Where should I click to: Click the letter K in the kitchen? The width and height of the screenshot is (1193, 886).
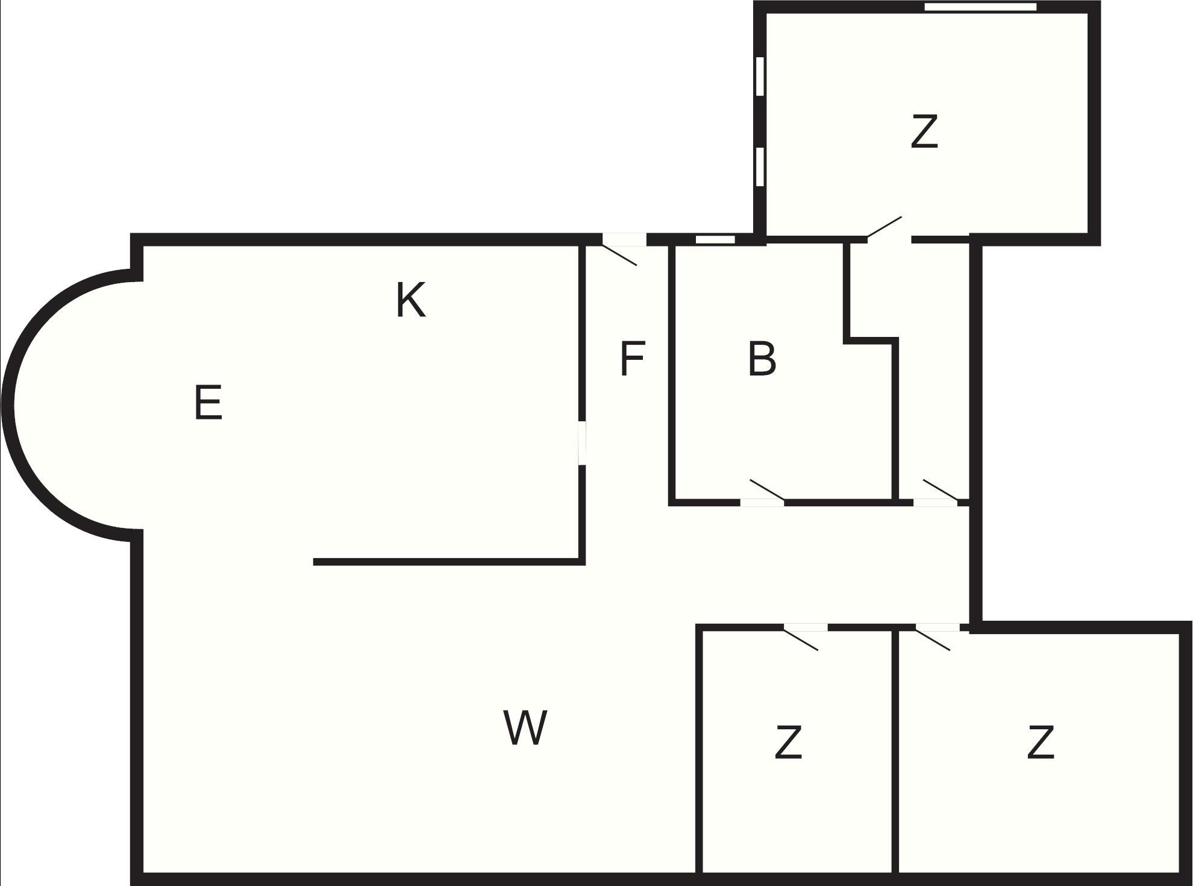(411, 300)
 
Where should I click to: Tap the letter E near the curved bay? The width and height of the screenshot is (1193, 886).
(208, 403)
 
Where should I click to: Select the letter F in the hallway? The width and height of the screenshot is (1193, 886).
(633, 359)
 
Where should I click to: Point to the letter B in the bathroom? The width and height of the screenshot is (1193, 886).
(762, 359)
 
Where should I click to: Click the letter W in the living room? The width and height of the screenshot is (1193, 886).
(525, 727)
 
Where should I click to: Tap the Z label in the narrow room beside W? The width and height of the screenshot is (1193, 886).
(789, 743)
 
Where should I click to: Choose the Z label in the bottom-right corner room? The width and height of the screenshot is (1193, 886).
(1041, 743)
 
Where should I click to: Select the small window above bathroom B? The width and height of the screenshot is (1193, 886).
(715, 239)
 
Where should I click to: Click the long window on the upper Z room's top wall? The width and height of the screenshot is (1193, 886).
(980, 7)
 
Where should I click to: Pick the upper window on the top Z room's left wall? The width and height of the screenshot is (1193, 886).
(760, 76)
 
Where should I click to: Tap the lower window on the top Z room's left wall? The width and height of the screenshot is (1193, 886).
(760, 166)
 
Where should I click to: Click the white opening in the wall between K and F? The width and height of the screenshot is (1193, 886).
(582, 443)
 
